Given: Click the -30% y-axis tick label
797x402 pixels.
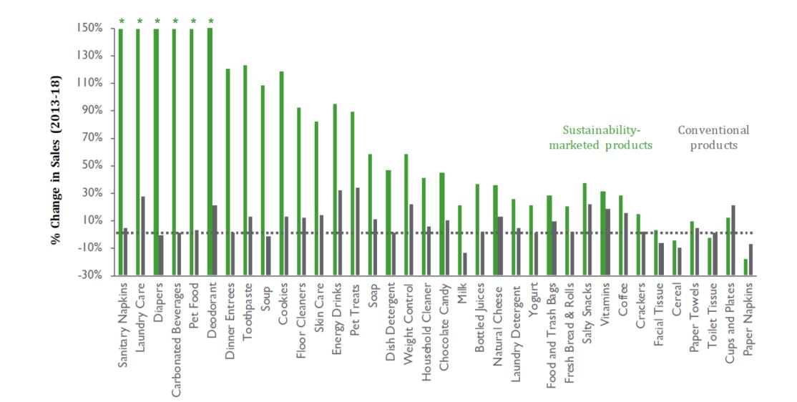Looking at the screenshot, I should [91, 275].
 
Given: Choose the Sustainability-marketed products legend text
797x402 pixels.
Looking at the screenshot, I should [600, 137].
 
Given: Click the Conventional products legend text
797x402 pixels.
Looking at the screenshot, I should [713, 137].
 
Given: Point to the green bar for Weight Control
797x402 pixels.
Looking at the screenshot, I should [406, 193].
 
